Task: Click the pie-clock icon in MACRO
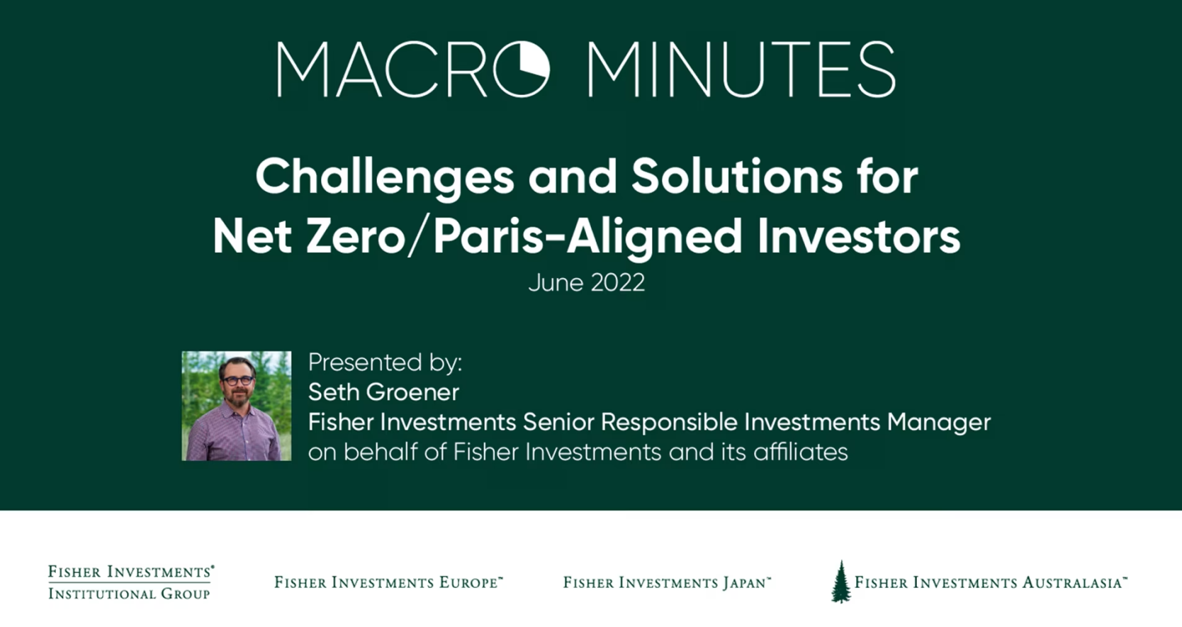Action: pyautogui.click(x=522, y=70)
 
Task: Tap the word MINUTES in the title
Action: pyautogui.click(x=742, y=70)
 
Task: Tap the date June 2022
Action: pyautogui.click(x=586, y=282)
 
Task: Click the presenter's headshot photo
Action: pyautogui.click(x=237, y=406)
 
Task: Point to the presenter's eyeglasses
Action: pyautogui.click(x=239, y=379)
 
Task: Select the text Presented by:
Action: pyautogui.click(x=385, y=363)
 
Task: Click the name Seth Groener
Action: pyautogui.click(x=383, y=392)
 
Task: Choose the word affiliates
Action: pyautogui.click(x=801, y=452)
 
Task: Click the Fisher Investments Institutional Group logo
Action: pyautogui.click(x=131, y=582)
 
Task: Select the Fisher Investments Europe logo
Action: pyautogui.click(x=388, y=582)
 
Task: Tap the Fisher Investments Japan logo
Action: pyautogui.click(x=667, y=582)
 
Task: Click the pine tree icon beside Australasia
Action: pyautogui.click(x=841, y=582)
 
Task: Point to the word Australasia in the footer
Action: pyautogui.click(x=1071, y=582)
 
